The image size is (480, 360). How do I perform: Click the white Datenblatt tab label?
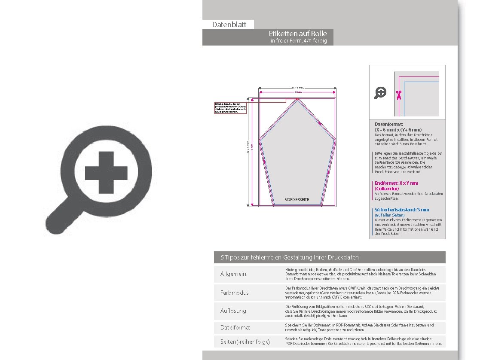tap(229, 24)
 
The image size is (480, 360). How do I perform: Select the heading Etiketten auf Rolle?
tap(298, 34)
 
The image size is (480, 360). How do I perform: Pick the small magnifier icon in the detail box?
tap(380, 93)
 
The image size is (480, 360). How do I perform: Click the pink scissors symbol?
tap(399, 95)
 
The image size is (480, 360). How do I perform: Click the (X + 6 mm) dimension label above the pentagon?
tap(298, 88)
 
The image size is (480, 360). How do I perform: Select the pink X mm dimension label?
tap(298, 92)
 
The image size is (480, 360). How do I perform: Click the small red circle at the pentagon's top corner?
tap(297, 100)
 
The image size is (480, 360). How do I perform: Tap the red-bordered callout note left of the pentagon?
tap(230, 108)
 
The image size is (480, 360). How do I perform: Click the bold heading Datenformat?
tap(389, 124)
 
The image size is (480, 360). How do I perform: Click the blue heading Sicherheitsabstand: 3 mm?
tap(401, 210)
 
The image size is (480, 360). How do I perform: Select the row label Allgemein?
tap(233, 274)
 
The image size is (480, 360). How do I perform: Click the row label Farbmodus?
tap(234, 293)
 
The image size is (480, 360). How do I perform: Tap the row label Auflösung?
tap(233, 310)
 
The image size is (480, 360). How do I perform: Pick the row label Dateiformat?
tap(235, 327)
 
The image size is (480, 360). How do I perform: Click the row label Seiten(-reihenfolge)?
tap(245, 342)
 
